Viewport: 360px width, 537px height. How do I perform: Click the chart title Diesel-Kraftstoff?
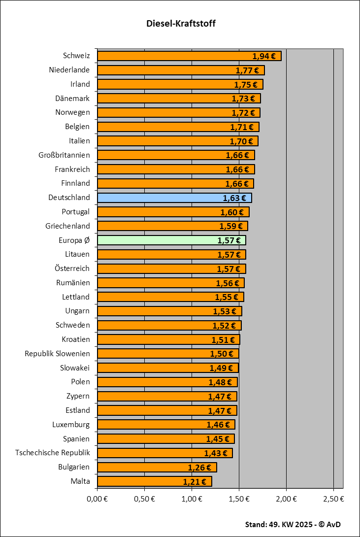click(x=181, y=24)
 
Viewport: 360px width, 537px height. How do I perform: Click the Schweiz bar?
click(x=172, y=56)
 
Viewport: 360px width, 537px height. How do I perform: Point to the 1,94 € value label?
click(x=263, y=56)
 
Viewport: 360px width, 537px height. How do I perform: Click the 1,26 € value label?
click(x=199, y=468)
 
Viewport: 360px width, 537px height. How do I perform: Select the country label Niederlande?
click(x=69, y=70)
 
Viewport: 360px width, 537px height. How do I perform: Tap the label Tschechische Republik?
click(x=53, y=453)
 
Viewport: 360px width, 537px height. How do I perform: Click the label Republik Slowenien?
click(x=57, y=354)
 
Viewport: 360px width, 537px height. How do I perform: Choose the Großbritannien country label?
click(x=64, y=155)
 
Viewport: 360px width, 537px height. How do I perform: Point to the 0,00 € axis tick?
click(x=97, y=499)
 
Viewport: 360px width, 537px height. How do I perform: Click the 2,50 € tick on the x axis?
click(x=333, y=499)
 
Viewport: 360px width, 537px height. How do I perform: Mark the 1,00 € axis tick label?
click(x=192, y=499)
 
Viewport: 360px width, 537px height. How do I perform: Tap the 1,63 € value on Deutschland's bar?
click(x=234, y=198)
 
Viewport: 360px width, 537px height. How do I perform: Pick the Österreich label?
click(x=72, y=268)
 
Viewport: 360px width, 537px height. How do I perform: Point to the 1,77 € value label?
click(x=247, y=70)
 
